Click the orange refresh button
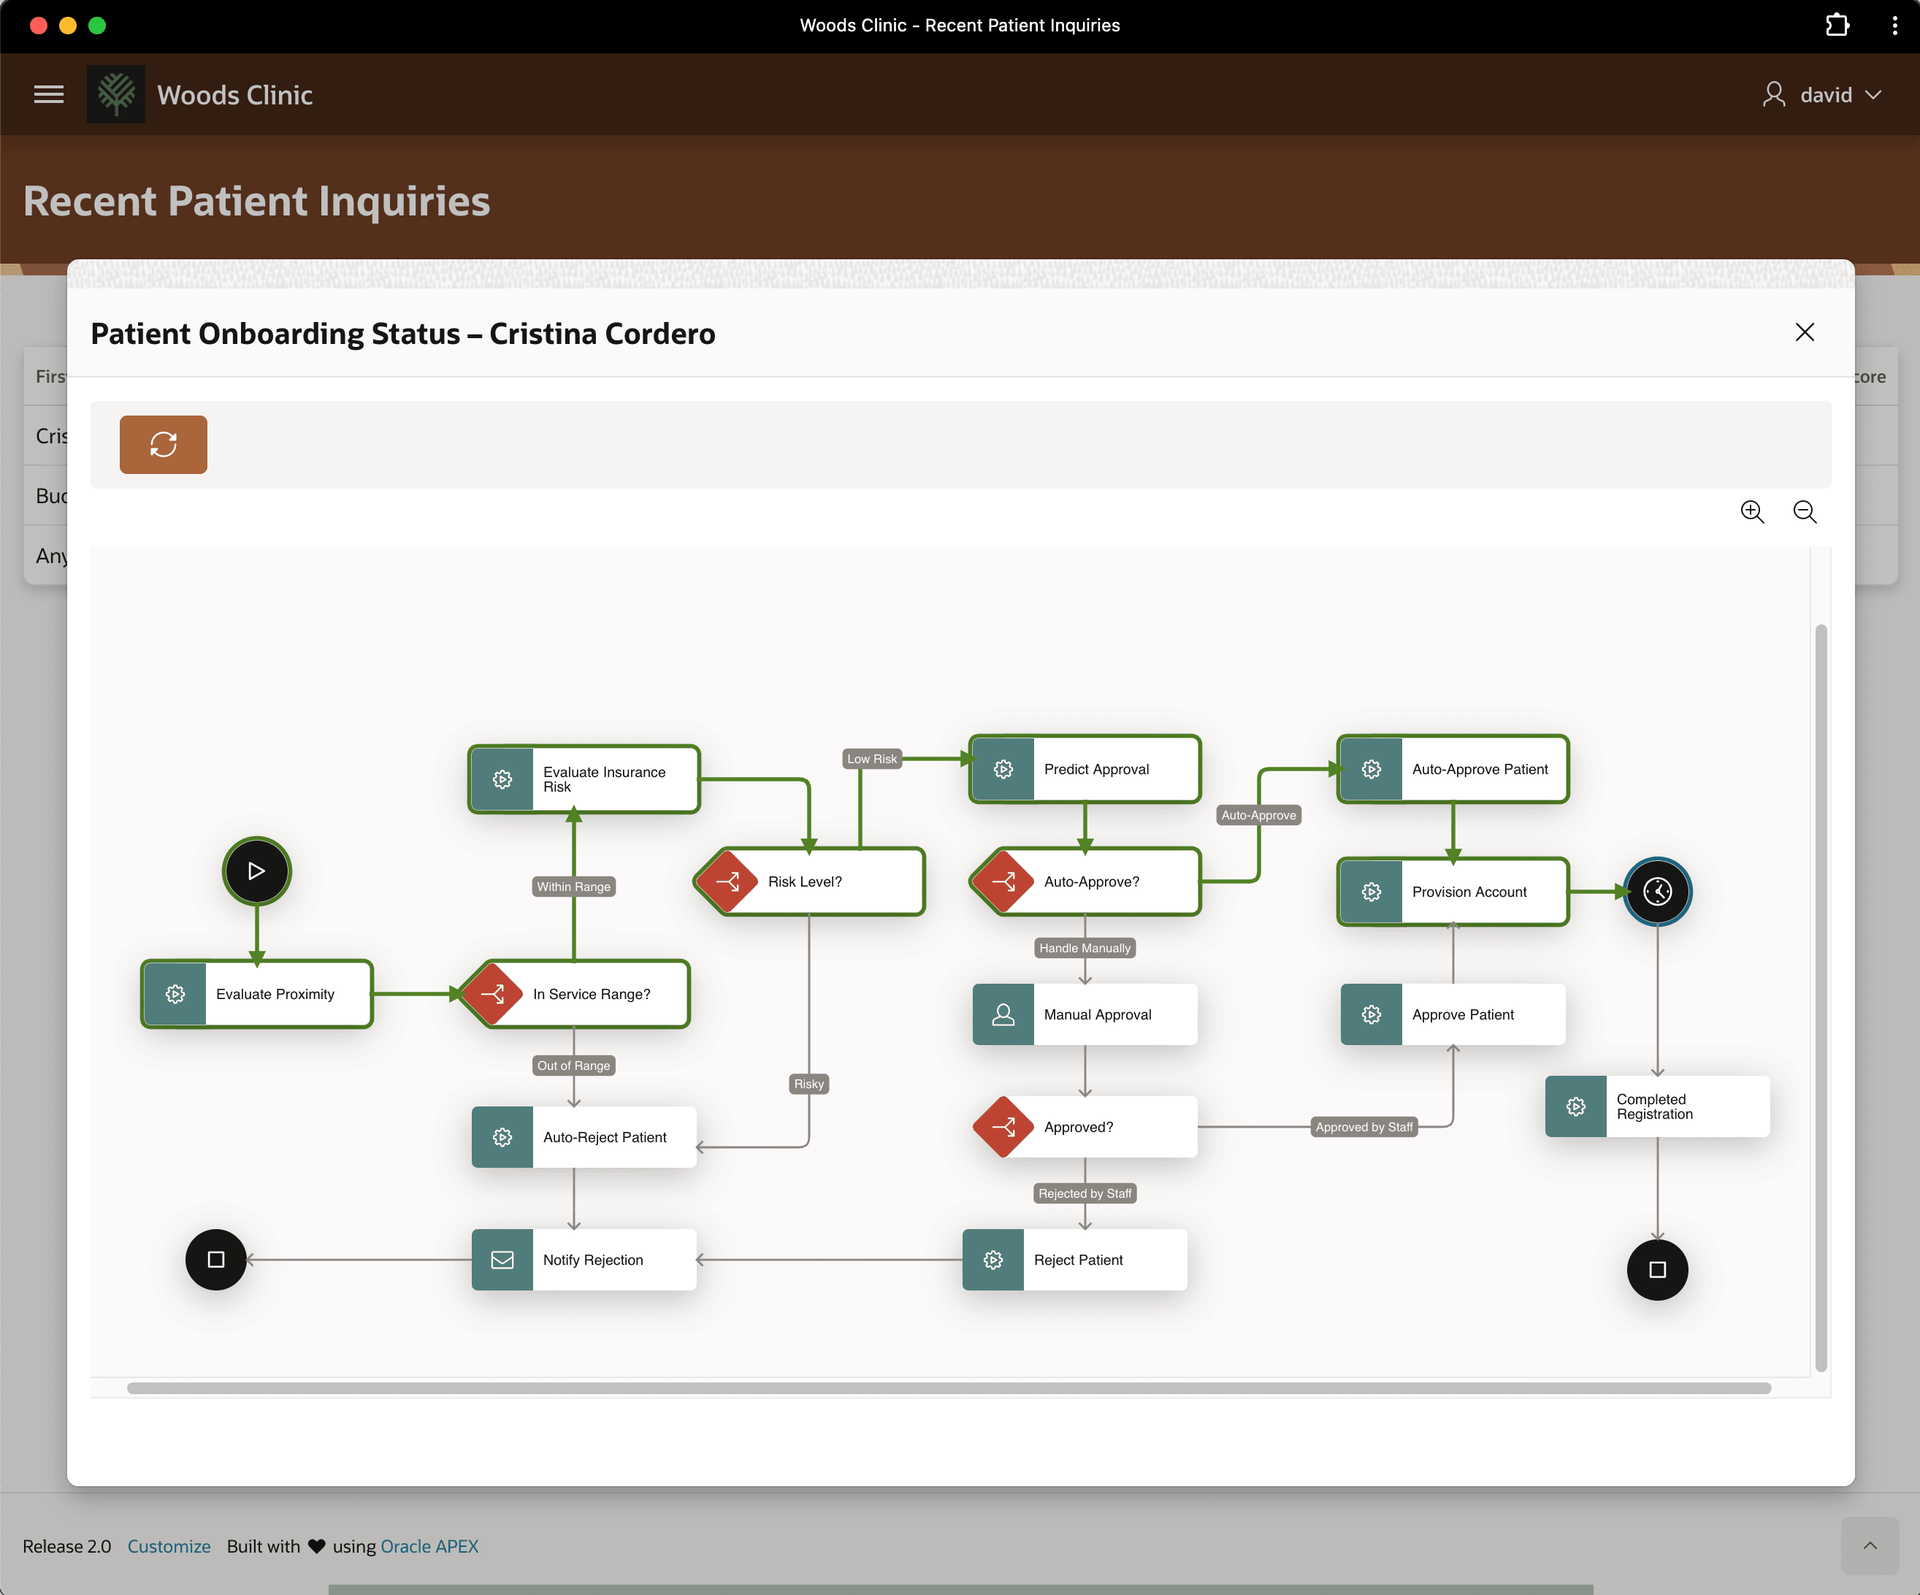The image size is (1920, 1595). (164, 444)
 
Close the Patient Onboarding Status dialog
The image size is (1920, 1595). (1804, 333)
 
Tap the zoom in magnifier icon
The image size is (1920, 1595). (1752, 512)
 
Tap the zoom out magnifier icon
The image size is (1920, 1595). (1805, 512)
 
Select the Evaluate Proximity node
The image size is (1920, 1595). (257, 993)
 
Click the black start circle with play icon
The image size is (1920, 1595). (257, 871)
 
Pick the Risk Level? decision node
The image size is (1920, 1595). (810, 881)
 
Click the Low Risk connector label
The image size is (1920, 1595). (871, 759)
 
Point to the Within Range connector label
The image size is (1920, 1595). (573, 887)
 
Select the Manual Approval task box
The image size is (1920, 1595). (1085, 1014)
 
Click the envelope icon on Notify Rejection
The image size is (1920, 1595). (502, 1260)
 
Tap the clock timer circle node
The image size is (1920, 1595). (1658, 891)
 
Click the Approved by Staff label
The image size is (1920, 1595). (1364, 1127)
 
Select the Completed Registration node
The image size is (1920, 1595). (1658, 1106)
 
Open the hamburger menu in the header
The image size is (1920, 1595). (48, 94)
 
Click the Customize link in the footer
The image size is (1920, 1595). (169, 1545)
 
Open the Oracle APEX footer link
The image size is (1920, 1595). (429, 1545)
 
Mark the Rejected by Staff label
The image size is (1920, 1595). (1085, 1194)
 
